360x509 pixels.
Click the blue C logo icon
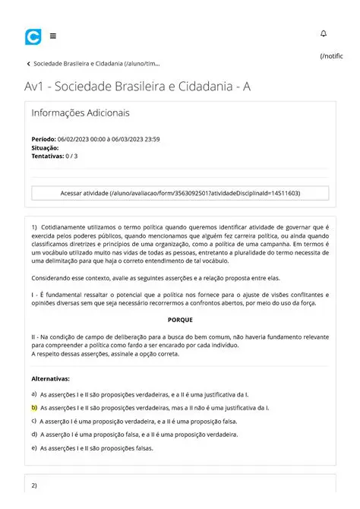point(33,36)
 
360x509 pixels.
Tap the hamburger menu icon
point(52,36)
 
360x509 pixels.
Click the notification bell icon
point(324,34)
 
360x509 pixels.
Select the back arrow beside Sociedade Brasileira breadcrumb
point(28,64)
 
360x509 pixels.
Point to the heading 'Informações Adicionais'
point(81,113)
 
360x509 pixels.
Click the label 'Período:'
point(43,140)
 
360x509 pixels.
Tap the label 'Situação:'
point(45,148)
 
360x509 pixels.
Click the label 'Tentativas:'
point(48,156)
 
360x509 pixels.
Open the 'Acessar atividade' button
point(180,194)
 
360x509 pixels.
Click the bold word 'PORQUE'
point(180,320)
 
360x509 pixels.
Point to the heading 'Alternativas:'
point(51,378)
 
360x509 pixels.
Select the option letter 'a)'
point(34,394)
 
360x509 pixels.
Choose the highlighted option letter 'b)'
point(34,408)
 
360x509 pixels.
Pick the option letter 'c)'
point(34,421)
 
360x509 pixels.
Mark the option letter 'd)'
point(34,435)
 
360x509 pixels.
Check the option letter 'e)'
point(34,448)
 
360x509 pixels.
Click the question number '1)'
point(34,227)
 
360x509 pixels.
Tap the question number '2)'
point(34,485)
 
